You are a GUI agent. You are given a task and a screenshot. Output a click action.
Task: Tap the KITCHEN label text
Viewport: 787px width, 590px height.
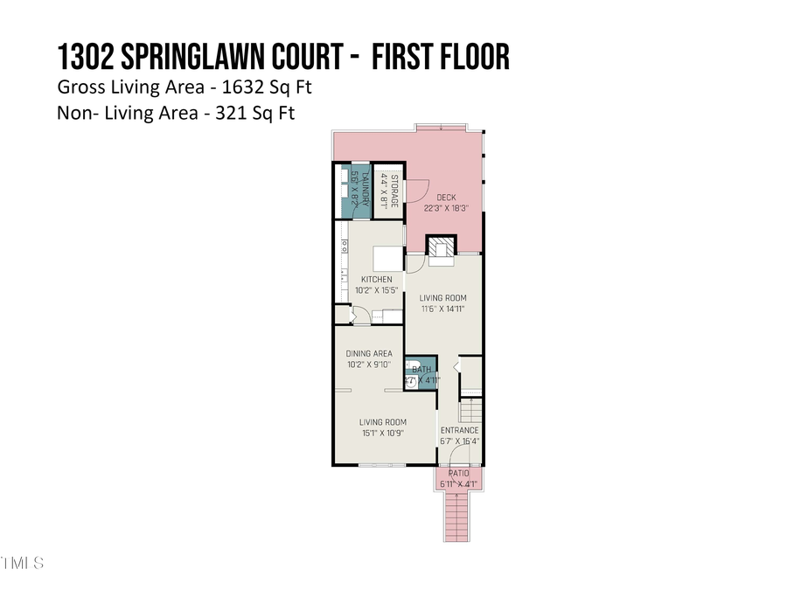(376, 280)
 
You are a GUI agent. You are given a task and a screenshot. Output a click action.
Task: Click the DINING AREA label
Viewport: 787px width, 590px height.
(369, 354)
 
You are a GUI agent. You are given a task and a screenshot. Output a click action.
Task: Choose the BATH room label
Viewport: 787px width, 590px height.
(421, 371)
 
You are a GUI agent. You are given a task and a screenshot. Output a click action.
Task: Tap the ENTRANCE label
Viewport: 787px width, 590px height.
(459, 430)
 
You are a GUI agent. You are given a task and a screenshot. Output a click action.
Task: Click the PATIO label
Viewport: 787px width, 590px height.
(459, 473)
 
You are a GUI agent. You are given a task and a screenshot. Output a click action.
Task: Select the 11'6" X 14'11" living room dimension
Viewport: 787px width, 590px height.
(442, 309)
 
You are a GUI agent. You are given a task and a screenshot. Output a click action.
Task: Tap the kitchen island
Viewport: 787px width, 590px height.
(387, 260)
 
